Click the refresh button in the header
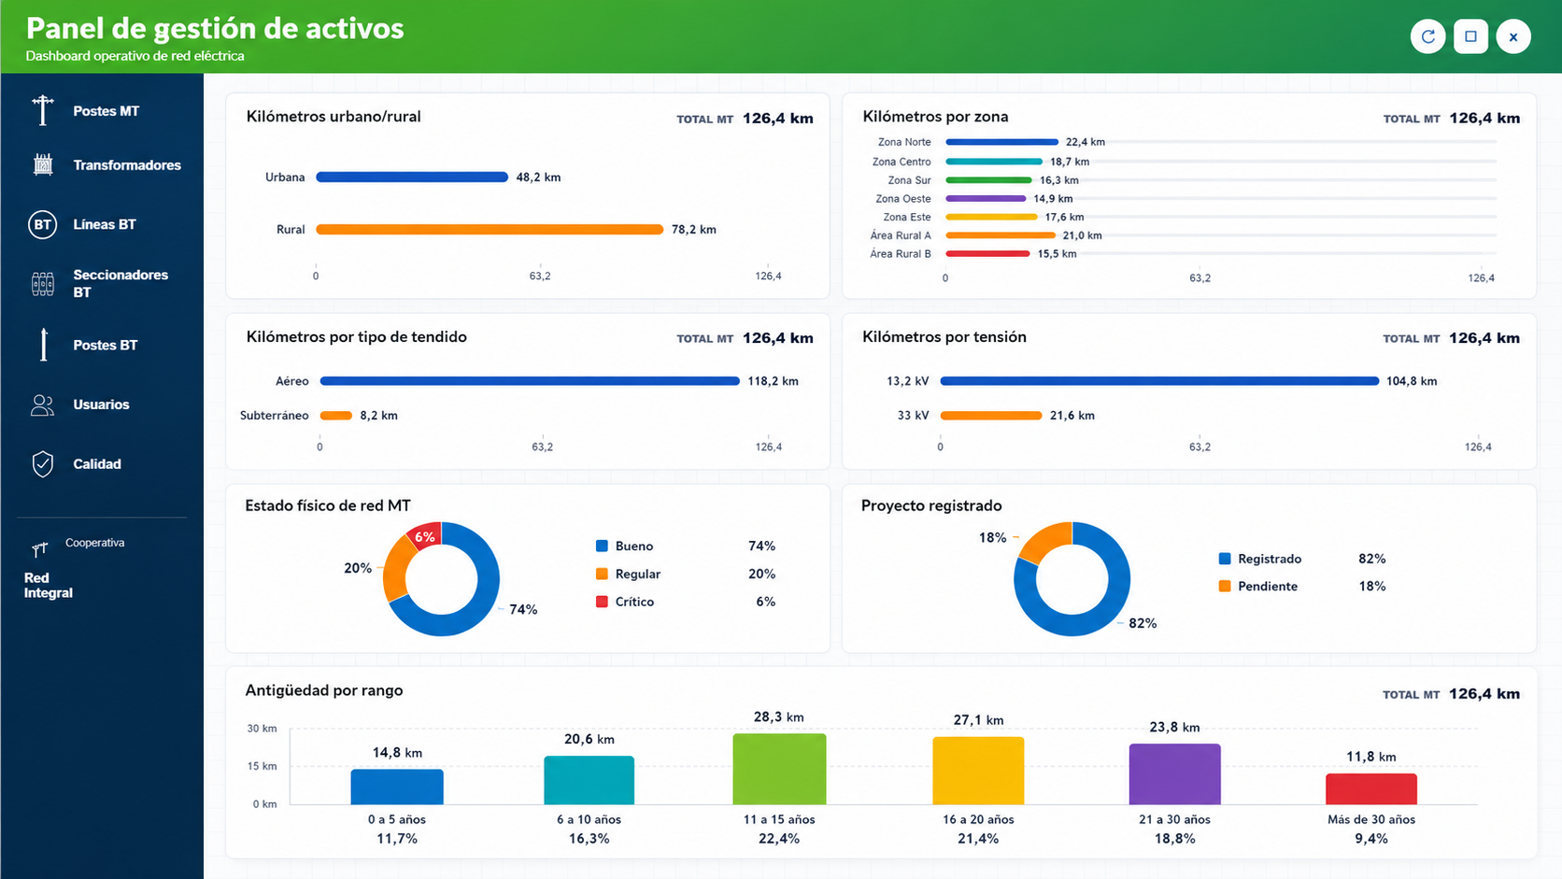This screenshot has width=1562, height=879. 1427,36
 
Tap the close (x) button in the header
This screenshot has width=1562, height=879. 1512,36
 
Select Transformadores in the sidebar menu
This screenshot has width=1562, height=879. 127,165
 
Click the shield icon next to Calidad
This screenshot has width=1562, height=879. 43,464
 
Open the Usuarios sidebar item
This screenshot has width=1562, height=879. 101,404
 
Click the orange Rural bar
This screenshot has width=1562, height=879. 490,230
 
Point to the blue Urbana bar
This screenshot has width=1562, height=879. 412,177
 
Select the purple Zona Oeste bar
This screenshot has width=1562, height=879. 986,199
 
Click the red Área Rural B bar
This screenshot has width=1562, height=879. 987,254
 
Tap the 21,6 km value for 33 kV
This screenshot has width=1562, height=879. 1072,416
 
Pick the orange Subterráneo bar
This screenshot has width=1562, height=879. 336,416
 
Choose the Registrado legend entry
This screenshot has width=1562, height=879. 1260,559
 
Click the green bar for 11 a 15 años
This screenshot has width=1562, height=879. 780,769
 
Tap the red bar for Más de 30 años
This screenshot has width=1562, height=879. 1370,789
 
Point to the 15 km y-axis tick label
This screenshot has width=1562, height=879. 263,766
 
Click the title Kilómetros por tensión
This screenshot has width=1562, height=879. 944,336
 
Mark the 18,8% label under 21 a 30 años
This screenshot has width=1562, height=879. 1174,839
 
